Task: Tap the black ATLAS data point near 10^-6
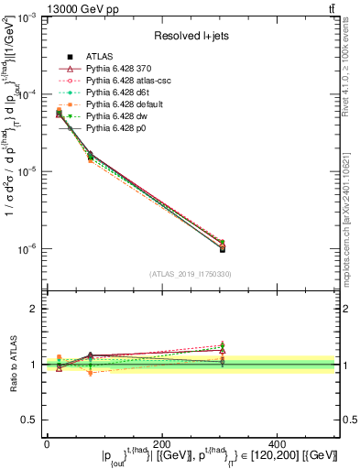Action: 279,248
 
